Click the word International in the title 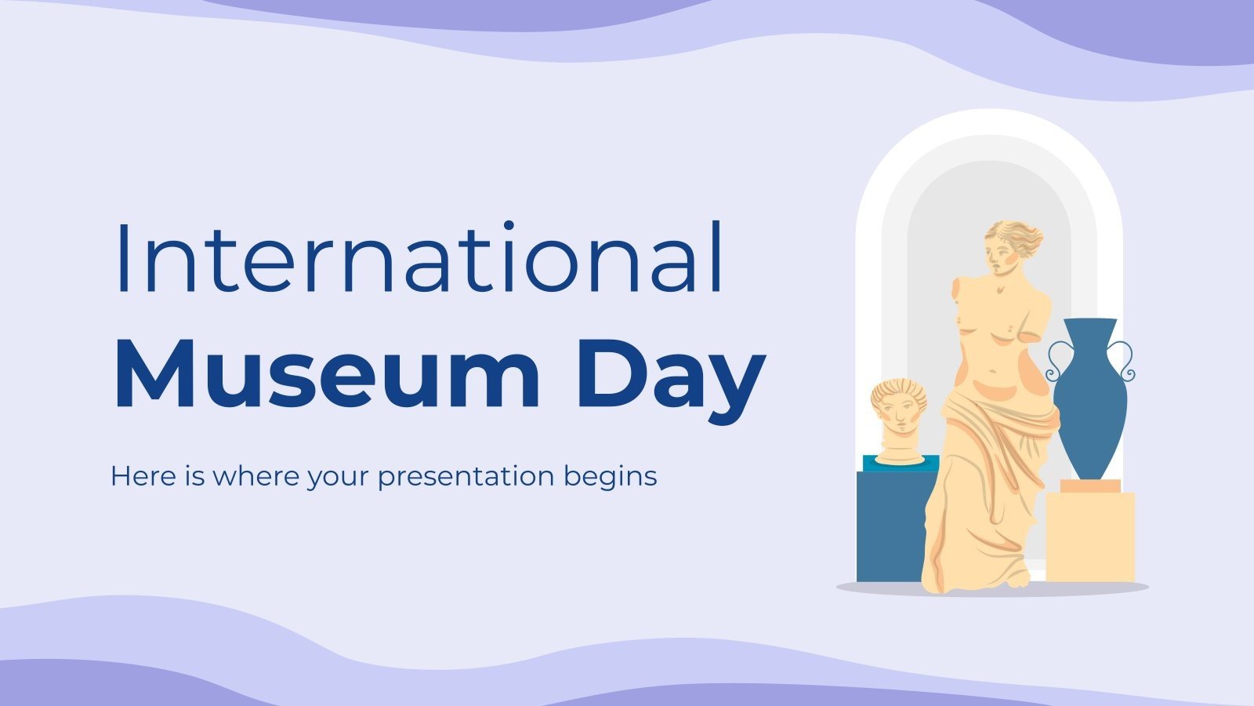click(419, 258)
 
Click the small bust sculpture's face click(899, 416)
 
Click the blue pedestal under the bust click(890, 526)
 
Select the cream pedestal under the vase click(1090, 537)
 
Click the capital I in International click(121, 258)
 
